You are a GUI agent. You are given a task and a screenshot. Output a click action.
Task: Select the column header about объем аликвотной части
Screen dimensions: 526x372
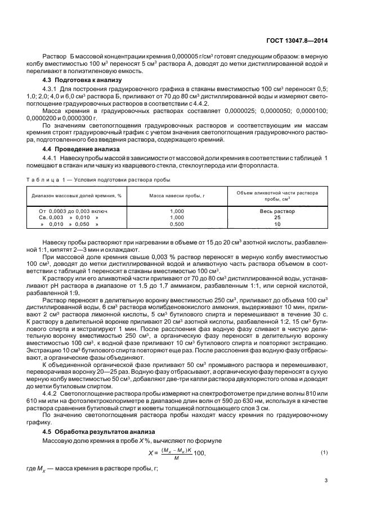[276, 195]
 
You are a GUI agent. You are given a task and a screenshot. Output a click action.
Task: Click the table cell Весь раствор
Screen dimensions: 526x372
[277, 211]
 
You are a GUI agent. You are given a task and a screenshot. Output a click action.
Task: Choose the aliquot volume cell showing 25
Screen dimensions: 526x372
[277, 217]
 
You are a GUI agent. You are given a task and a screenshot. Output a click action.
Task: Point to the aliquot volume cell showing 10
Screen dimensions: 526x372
[277, 224]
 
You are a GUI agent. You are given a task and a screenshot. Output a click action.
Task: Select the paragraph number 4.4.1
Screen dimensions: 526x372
[52, 158]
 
